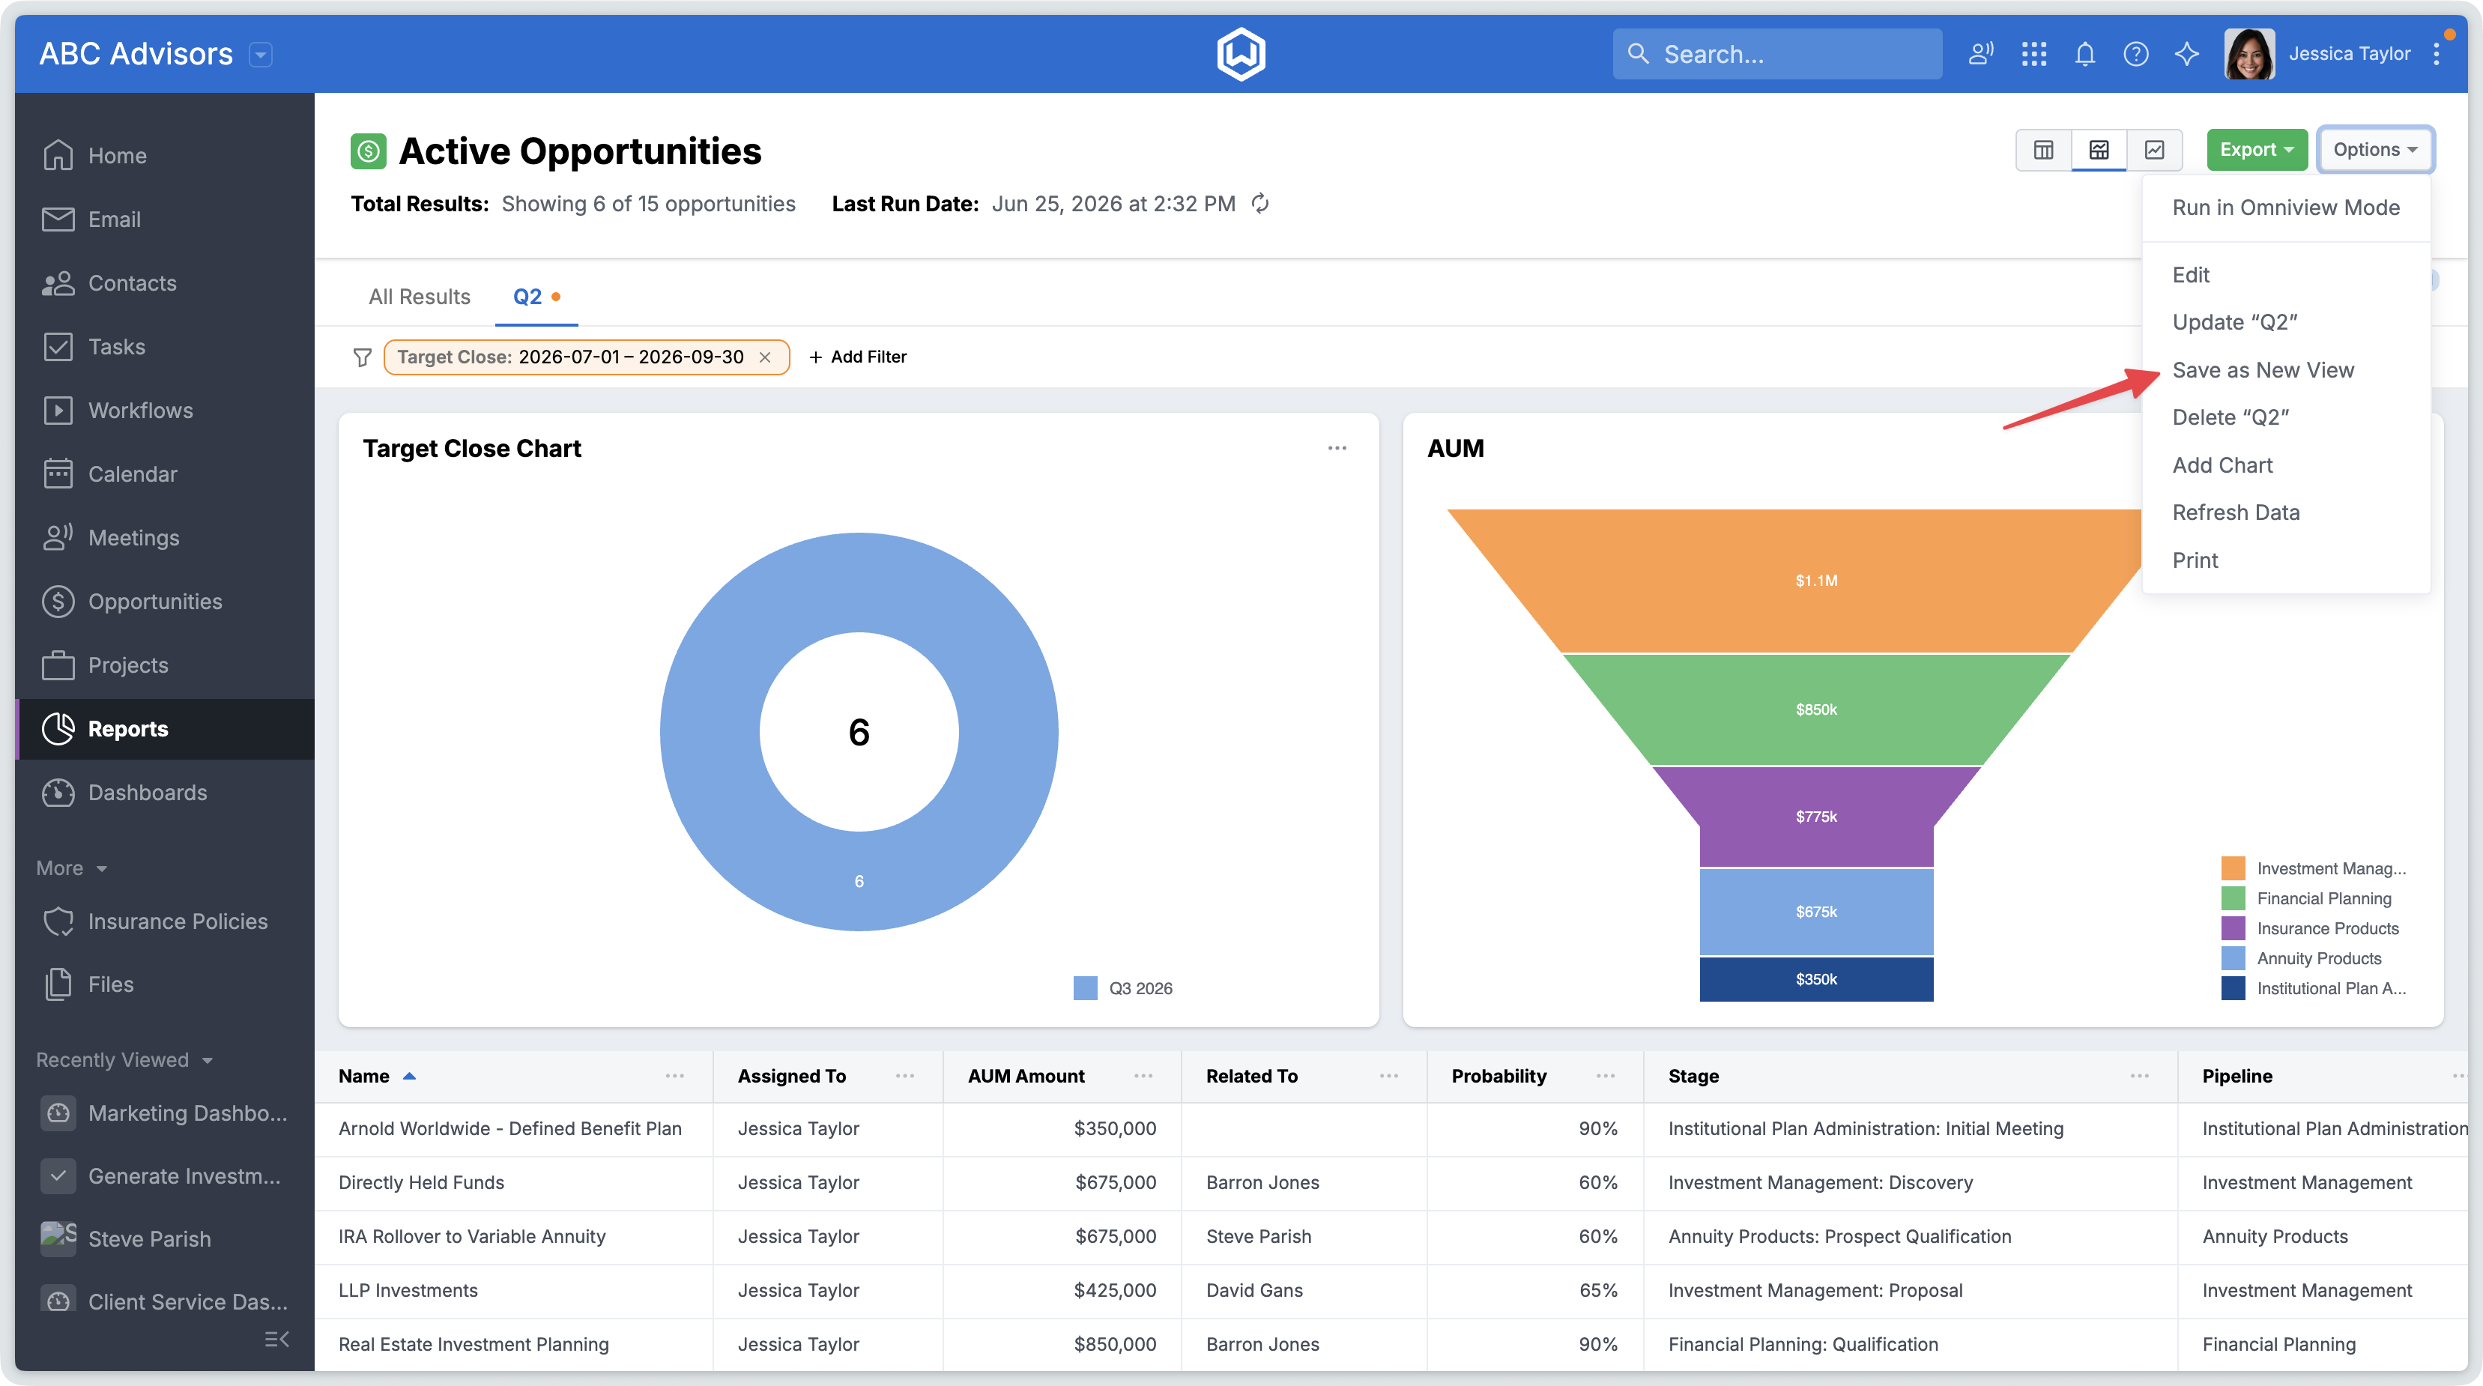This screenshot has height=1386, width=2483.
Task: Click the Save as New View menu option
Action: click(2262, 370)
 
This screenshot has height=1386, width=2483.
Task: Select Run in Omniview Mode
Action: click(2285, 208)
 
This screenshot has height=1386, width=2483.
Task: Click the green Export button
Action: click(2257, 149)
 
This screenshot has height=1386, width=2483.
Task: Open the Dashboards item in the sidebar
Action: click(147, 793)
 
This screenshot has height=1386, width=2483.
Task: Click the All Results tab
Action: click(420, 297)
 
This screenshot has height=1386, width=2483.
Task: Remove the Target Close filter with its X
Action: click(765, 357)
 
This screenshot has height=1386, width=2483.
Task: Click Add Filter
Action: click(858, 357)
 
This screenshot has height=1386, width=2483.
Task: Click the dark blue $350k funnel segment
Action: click(1816, 979)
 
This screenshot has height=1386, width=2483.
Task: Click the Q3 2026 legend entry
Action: click(1123, 988)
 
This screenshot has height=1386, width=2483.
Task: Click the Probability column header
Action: click(1498, 1076)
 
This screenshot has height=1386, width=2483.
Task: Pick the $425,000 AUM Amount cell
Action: click(1114, 1291)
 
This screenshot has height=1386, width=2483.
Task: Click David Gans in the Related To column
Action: click(1254, 1291)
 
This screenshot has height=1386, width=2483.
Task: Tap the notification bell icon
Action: click(2085, 54)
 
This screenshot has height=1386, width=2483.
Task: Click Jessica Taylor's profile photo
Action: click(2248, 54)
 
